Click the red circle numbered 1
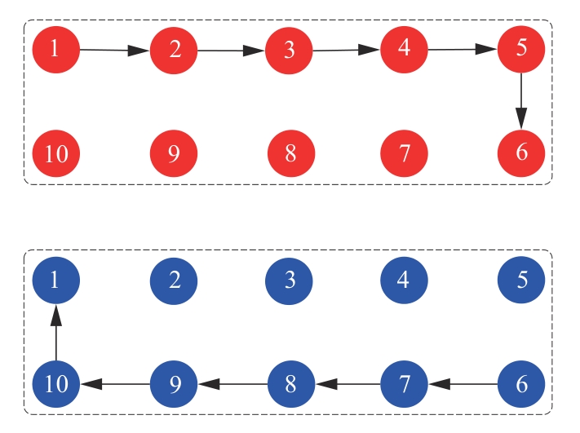[x=55, y=49]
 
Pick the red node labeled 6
[x=521, y=152]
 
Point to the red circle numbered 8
[x=290, y=152]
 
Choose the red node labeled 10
[x=56, y=152]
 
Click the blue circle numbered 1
[x=55, y=281]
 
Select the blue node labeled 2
[x=174, y=281]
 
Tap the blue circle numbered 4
[x=404, y=281]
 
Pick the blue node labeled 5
[x=521, y=281]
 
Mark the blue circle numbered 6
[x=521, y=382]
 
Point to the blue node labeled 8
[x=290, y=382]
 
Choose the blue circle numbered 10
[x=55, y=382]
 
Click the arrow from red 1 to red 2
[x=115, y=51]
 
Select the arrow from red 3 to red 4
[x=347, y=50]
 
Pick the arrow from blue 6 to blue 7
[x=463, y=382]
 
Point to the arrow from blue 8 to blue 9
[x=232, y=382]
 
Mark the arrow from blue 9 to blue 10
[x=115, y=382]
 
